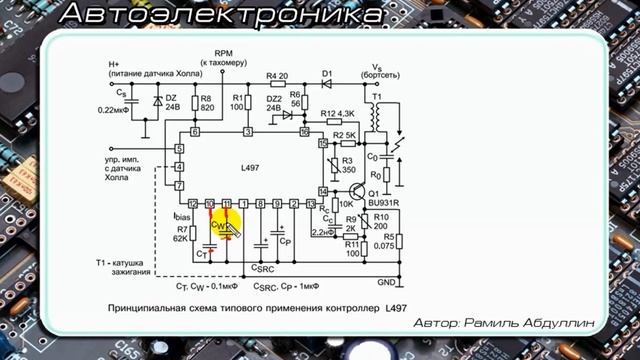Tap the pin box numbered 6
pos(194,132)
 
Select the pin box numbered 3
pos(247,132)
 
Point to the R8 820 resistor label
pos(207,107)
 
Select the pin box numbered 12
pos(193,203)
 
